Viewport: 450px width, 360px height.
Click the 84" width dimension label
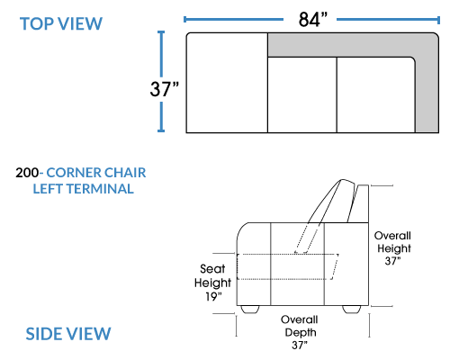313,20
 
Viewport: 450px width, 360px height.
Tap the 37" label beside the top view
164,89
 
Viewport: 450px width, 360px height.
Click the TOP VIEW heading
61,23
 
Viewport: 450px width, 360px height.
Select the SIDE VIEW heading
68,334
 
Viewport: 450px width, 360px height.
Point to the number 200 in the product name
27,173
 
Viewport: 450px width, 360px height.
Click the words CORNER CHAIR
96,173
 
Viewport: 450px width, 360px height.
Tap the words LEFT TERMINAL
83,189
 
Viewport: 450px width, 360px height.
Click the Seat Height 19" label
212,283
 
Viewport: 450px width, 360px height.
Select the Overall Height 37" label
393,248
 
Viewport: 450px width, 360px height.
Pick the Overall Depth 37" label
300,332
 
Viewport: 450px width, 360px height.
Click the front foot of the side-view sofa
250,310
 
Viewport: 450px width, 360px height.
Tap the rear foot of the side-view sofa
352,310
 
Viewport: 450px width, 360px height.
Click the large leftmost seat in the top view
227,83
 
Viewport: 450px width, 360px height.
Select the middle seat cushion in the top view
302,94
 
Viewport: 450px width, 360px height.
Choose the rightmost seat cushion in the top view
376,94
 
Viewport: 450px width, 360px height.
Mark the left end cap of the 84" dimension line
184,20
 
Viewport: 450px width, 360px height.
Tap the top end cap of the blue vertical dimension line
161,31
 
